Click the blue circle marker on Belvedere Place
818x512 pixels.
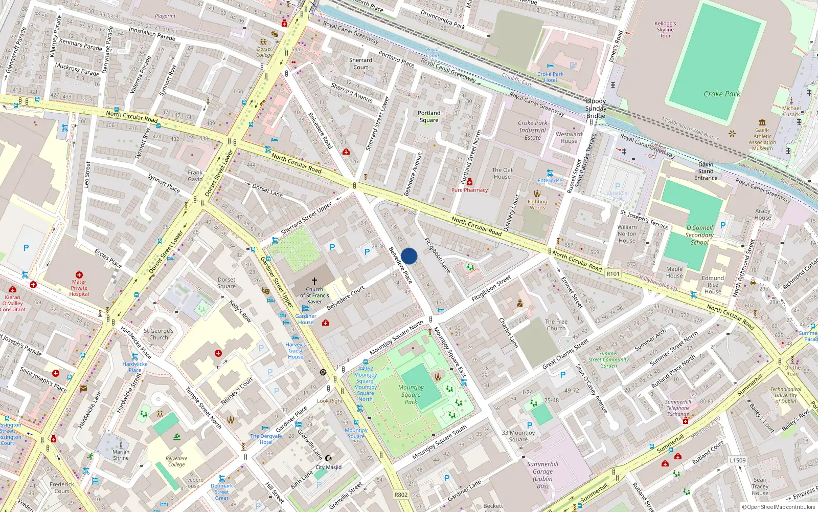(x=409, y=256)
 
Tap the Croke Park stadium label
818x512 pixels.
(x=721, y=94)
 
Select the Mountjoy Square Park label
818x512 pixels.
(x=411, y=395)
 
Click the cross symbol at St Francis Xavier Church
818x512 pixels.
(x=314, y=281)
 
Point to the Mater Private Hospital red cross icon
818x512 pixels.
(x=79, y=275)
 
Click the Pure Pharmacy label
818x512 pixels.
(x=469, y=190)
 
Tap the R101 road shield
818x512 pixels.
(x=613, y=274)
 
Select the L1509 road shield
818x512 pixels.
(x=738, y=460)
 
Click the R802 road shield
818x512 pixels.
(x=401, y=495)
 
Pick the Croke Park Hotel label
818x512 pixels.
(x=551, y=77)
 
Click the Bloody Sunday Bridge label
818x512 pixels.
(x=596, y=109)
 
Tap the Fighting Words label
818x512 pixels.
(x=537, y=204)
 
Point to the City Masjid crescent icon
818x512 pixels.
(x=329, y=458)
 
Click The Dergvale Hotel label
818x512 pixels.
(x=266, y=439)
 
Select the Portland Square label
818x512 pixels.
(x=429, y=117)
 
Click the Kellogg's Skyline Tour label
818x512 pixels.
(x=665, y=30)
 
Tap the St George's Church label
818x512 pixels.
(x=158, y=334)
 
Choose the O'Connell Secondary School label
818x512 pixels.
(x=699, y=235)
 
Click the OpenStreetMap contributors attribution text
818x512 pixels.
(x=779, y=507)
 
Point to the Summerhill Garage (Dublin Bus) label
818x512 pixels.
(x=542, y=475)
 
